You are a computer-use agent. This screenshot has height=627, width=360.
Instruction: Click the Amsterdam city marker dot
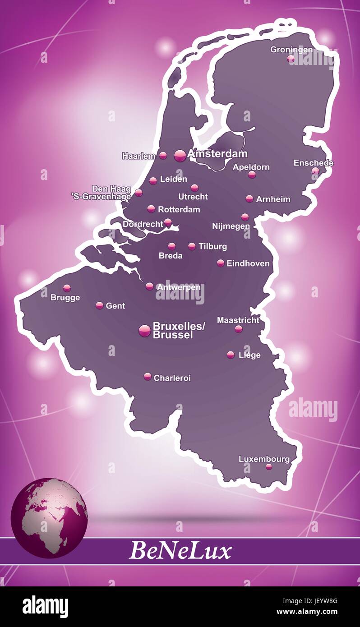pos(180,156)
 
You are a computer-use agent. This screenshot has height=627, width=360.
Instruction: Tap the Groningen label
pos(291,50)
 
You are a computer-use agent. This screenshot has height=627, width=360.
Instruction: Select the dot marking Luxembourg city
pos(269,467)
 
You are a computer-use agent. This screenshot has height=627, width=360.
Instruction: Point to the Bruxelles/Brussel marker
pos(145,331)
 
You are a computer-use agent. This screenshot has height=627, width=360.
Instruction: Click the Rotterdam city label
pos(179,210)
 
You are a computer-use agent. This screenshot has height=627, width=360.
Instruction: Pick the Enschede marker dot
pos(315,171)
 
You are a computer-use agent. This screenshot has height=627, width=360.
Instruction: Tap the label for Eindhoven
pos(248,263)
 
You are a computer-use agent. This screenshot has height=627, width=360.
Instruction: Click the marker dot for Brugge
pos(67,288)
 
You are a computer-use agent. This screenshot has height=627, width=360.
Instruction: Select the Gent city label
pos(115,306)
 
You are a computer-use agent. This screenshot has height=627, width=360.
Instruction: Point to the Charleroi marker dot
pos(148,377)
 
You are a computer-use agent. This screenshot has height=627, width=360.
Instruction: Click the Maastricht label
pos(238,320)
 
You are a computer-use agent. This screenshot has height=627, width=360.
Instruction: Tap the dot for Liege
pos(231,355)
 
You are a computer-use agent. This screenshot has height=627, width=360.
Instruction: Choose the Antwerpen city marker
pos(149,286)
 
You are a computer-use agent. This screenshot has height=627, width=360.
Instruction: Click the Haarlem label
pos(138,156)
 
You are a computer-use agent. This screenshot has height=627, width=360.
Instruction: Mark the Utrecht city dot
pos(194,188)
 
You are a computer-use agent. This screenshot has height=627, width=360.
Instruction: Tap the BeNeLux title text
pos(180,551)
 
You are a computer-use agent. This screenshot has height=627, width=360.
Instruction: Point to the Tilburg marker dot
pos(192,246)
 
